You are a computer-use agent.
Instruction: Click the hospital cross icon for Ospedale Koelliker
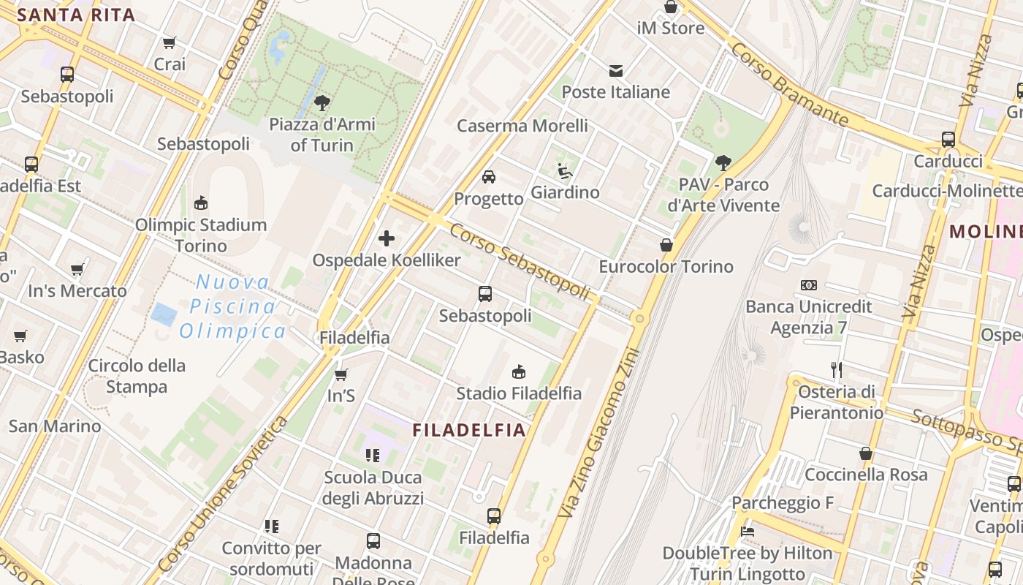(x=387, y=238)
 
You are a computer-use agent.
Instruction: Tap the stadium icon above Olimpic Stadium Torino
(x=201, y=203)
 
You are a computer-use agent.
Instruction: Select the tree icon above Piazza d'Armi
(x=322, y=102)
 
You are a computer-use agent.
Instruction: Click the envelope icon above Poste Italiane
(x=616, y=71)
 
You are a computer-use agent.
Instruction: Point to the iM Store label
(x=671, y=29)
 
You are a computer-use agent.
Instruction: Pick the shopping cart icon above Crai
(x=170, y=43)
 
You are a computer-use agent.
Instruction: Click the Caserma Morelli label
(x=522, y=126)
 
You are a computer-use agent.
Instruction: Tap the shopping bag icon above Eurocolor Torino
(x=666, y=245)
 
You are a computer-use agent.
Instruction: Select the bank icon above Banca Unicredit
(x=809, y=285)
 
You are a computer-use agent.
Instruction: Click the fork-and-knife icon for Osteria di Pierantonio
(x=837, y=370)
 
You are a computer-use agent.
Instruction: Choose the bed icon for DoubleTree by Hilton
(x=747, y=532)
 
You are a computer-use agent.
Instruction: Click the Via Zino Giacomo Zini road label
(x=598, y=433)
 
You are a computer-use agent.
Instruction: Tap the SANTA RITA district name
(x=76, y=15)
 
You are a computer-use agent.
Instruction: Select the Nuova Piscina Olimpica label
(x=233, y=306)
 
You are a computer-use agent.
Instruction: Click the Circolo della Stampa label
(x=137, y=376)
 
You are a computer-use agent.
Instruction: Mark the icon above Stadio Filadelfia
(x=519, y=372)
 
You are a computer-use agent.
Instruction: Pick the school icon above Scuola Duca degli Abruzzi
(x=373, y=456)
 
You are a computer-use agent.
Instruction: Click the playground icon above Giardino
(x=565, y=171)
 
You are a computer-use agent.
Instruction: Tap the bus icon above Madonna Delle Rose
(x=373, y=541)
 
